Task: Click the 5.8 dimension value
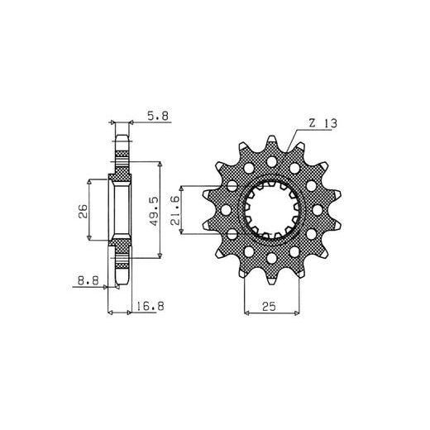[158, 116]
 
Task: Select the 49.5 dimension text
[155, 211]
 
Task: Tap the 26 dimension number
[83, 211]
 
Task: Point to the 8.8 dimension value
[88, 280]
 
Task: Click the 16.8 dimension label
[150, 306]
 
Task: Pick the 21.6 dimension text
[175, 211]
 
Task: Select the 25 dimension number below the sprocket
[269, 306]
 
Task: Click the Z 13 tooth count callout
[323, 123]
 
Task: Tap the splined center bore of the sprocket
[272, 210]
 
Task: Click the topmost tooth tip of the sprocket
[272, 137]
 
